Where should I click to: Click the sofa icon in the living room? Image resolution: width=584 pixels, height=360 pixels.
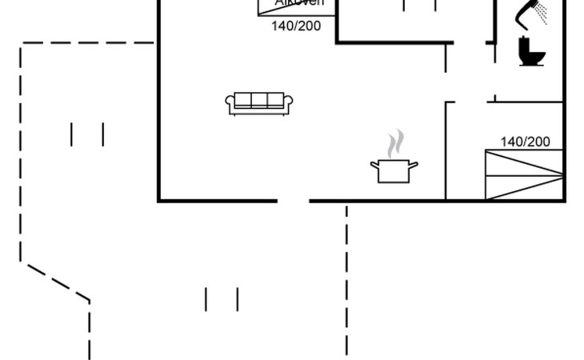point(260,102)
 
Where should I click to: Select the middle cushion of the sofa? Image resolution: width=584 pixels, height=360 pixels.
point(260,100)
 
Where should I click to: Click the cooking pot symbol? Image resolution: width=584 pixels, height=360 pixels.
point(394,170)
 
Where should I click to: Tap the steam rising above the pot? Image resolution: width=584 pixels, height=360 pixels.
point(394,145)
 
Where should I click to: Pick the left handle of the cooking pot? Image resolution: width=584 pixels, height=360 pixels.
point(374,165)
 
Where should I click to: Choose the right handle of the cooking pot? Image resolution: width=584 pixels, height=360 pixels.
point(414,165)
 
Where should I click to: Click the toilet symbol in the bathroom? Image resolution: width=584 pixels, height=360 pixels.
point(531,51)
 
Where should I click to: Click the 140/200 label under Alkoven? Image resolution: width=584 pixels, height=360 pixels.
point(296,26)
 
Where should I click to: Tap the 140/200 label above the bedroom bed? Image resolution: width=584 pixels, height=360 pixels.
point(526,142)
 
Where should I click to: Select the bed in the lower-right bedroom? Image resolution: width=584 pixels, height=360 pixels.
point(524,174)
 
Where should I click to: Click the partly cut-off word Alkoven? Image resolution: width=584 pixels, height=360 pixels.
point(300,3)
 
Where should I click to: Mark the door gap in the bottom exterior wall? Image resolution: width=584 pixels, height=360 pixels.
point(293,200)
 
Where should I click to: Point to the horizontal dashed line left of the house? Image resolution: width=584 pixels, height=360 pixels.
point(88,43)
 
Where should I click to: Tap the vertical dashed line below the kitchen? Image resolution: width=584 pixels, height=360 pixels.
point(346,280)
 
